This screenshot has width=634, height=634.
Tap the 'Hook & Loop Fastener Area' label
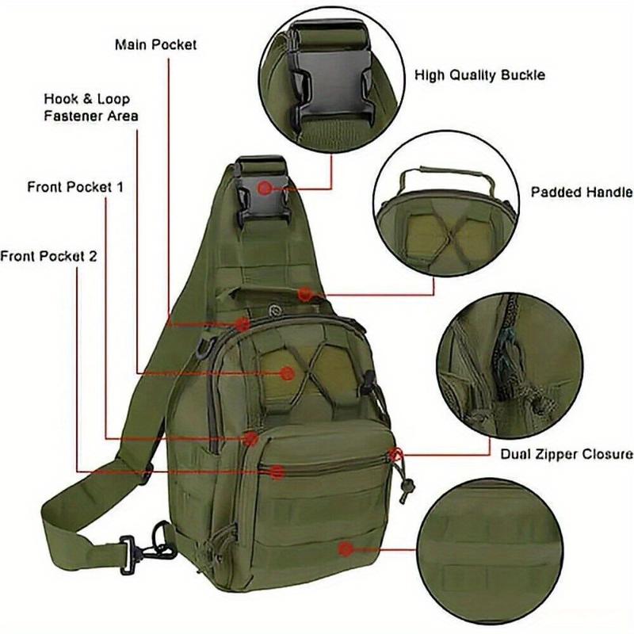92,108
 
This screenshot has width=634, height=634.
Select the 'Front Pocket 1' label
75,188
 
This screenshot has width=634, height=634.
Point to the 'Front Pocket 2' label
48,256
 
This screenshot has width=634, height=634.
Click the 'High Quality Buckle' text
480,75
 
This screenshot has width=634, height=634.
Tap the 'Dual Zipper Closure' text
566,454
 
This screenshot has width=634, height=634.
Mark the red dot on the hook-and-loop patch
288,372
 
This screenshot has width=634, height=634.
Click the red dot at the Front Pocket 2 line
277,472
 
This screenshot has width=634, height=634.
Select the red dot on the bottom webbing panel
345,548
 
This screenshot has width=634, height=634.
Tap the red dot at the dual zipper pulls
395,455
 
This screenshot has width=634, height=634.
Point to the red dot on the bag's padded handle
305,294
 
